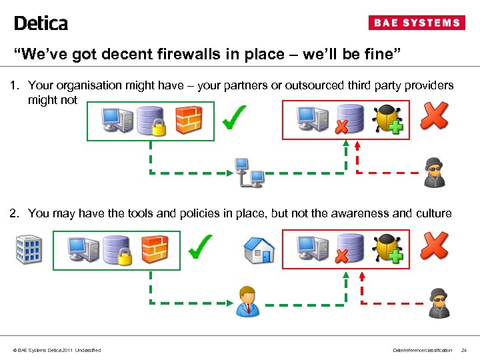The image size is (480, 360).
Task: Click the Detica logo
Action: click(x=41, y=23)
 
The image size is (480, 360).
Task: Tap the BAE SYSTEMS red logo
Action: click(x=417, y=23)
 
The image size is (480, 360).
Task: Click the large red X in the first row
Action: click(x=434, y=116)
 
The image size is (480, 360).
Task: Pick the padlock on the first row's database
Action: click(x=159, y=127)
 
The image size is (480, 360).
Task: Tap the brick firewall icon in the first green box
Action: click(x=188, y=120)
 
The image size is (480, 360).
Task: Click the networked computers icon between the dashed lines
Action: click(x=249, y=172)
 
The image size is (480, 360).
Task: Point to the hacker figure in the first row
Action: click(x=435, y=172)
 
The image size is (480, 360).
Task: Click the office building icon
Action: click(x=28, y=249)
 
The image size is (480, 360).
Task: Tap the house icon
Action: click(x=259, y=250)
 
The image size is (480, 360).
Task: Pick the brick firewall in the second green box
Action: click(x=154, y=248)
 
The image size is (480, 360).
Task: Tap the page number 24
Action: click(x=464, y=350)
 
